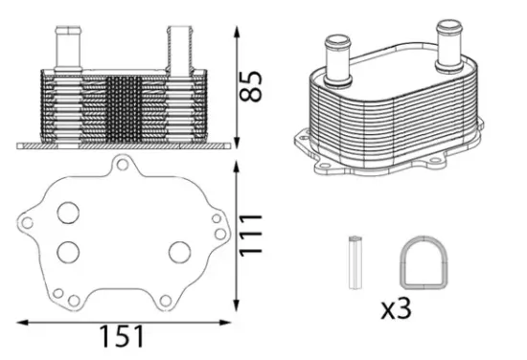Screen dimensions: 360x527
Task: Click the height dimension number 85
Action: [252, 85]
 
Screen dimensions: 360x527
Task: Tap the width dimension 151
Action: [122, 336]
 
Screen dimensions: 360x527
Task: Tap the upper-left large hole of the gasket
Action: [68, 213]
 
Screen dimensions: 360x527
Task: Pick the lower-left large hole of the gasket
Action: [68, 252]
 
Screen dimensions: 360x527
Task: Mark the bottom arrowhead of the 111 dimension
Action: [237, 308]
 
